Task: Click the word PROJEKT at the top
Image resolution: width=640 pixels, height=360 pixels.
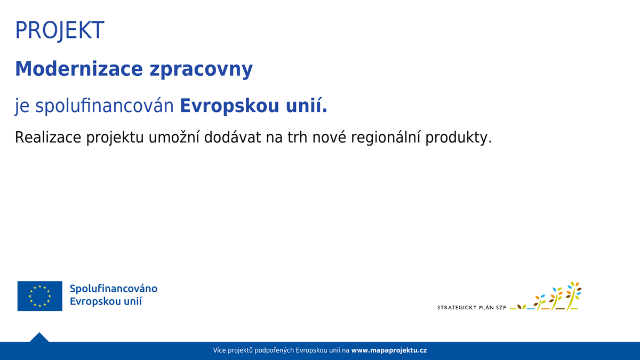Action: click(59, 30)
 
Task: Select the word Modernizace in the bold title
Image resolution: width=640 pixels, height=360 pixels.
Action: click(79, 69)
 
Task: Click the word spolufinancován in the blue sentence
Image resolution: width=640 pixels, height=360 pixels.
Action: click(105, 106)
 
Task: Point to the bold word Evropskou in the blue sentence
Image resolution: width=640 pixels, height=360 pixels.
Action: click(229, 106)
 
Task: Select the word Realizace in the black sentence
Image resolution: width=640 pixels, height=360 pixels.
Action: click(48, 137)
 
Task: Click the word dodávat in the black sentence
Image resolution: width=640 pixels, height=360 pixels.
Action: click(233, 137)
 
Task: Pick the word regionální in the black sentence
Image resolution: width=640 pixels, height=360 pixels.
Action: click(386, 138)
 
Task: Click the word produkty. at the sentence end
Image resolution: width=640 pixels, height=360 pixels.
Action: click(459, 138)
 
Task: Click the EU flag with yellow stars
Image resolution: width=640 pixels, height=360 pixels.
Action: click(39, 296)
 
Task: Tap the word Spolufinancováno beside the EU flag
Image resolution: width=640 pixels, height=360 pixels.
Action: click(114, 289)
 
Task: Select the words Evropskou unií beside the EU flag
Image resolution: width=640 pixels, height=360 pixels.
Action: click(106, 301)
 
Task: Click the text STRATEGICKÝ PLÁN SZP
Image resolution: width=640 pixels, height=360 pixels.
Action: click(471, 307)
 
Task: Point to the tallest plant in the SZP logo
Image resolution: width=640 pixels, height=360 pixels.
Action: click(573, 296)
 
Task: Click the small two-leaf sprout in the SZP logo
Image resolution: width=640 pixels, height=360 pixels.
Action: click(522, 307)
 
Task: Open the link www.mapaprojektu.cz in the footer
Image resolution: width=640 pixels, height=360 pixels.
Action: click(389, 350)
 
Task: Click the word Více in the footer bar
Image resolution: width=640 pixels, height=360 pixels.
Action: click(219, 350)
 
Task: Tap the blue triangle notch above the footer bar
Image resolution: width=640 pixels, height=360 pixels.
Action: click(39, 338)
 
